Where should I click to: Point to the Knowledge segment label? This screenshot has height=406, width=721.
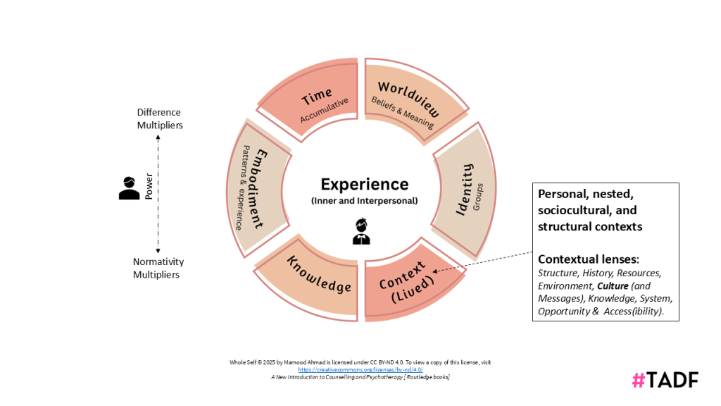(x=319, y=274)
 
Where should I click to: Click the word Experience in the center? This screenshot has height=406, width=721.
(x=364, y=184)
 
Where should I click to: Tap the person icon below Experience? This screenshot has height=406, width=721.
(x=361, y=231)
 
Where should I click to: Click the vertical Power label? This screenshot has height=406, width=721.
(x=149, y=186)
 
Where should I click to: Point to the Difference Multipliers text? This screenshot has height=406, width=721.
(x=159, y=118)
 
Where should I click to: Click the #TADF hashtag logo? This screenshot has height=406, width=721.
(x=665, y=380)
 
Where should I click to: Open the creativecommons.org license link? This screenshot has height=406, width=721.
(x=360, y=369)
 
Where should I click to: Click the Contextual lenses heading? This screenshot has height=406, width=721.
(x=588, y=259)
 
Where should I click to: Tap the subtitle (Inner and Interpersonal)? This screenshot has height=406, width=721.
(x=364, y=201)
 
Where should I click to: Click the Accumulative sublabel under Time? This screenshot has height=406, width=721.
(x=325, y=111)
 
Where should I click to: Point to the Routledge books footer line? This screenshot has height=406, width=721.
(x=360, y=377)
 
